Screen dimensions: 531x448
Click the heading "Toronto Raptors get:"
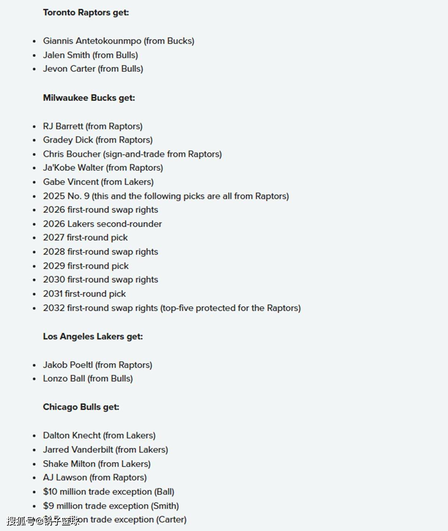point(86,12)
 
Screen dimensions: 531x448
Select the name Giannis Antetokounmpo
point(92,41)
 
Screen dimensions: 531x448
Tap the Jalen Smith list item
point(90,55)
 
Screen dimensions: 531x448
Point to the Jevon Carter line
point(93,69)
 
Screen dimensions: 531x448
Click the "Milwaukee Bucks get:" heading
point(89,98)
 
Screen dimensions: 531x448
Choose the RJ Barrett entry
point(93,126)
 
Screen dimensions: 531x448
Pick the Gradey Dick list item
point(98,140)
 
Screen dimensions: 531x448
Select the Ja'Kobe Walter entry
point(103,168)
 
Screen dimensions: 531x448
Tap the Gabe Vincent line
point(98,182)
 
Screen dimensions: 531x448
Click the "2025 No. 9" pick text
point(66,196)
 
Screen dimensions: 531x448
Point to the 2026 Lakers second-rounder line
point(102,224)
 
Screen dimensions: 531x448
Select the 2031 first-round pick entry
point(84,294)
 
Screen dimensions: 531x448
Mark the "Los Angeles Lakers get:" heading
point(93,336)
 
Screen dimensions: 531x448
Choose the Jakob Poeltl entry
point(97,365)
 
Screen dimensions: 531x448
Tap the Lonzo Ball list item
point(88,379)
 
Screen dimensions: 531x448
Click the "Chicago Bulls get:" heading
point(81,407)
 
